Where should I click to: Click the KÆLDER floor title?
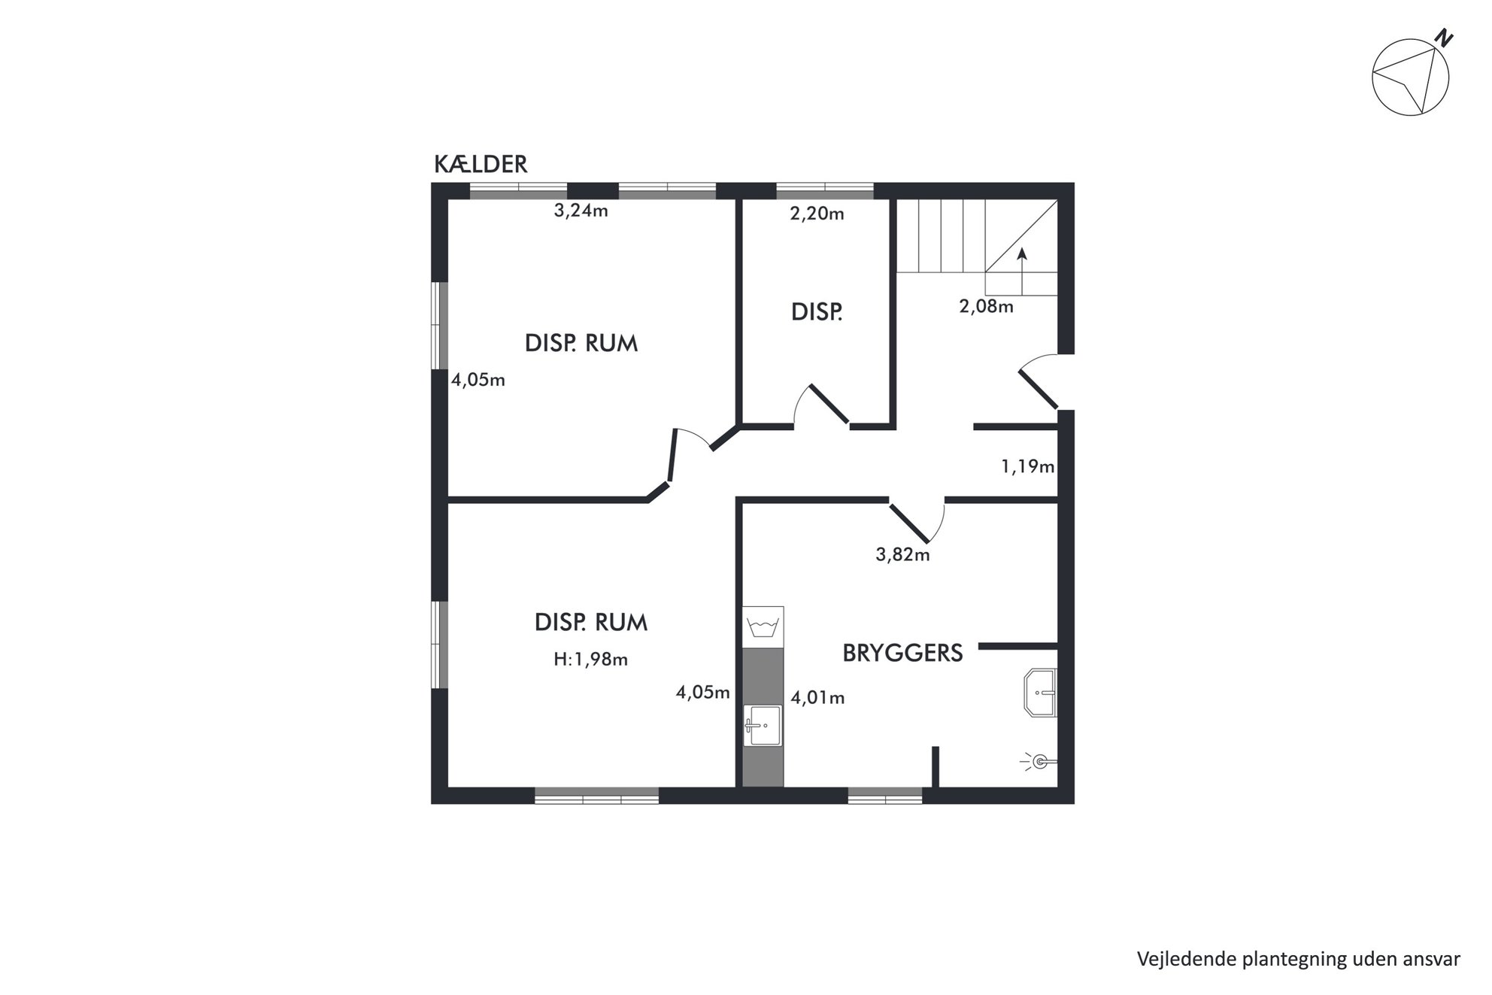(481, 164)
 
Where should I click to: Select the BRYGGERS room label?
(902, 653)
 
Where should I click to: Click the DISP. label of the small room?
(817, 312)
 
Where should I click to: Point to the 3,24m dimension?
(581, 211)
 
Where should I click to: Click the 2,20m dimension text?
(817, 214)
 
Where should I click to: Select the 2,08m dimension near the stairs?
(986, 307)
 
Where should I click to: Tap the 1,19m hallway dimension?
(1027, 467)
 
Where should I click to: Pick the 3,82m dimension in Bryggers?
(902, 555)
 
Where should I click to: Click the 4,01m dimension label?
(817, 698)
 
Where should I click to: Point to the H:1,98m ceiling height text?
(590, 660)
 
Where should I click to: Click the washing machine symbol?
(763, 626)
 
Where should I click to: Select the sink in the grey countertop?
(763, 726)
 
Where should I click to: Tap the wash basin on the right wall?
(1041, 692)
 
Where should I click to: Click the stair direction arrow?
(1022, 272)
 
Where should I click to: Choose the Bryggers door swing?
(917, 520)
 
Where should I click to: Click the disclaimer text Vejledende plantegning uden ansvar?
(1299, 959)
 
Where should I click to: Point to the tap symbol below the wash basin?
(1039, 762)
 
